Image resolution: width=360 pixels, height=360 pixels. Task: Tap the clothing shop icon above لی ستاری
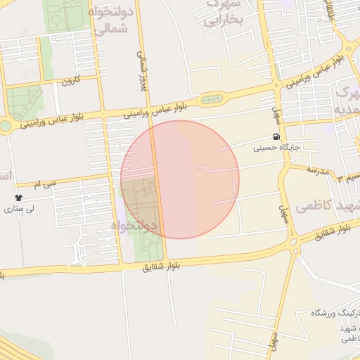(18, 198)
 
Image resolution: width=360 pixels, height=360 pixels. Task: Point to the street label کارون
(72, 81)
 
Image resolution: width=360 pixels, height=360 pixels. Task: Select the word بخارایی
(223, 21)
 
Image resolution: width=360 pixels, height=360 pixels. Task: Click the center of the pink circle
(180, 179)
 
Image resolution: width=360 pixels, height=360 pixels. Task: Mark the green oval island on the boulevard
(212, 99)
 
